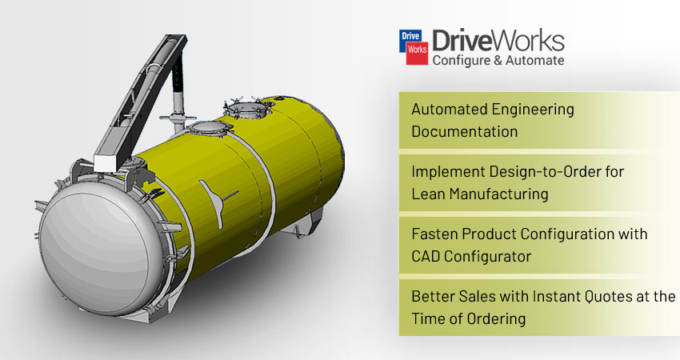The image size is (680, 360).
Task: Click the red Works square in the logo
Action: coord(417,53)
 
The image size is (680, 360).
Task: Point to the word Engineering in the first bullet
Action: coord(531,110)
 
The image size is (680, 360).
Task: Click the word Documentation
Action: coord(465,131)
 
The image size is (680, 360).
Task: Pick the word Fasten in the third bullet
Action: coord(434,234)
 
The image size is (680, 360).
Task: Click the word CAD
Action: coord(425,256)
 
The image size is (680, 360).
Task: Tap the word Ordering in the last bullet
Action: coord(497,319)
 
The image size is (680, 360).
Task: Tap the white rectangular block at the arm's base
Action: coord(105,162)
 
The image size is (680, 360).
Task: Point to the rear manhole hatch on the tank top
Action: coord(247,109)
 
